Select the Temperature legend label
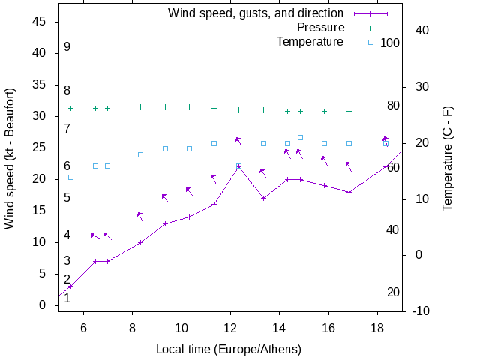(x=310, y=42)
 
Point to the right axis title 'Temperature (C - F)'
(x=448, y=157)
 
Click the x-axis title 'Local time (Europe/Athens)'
(x=229, y=349)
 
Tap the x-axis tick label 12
(x=230, y=327)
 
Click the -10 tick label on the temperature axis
(x=420, y=311)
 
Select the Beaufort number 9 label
(x=67, y=47)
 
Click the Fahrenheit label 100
(x=390, y=43)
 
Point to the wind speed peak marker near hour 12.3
(x=238, y=166)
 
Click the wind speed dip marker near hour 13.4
(x=263, y=198)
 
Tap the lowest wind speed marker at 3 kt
(x=70, y=286)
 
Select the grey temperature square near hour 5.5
(x=70, y=177)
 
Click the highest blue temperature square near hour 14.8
(x=300, y=137)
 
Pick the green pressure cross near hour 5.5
(x=70, y=109)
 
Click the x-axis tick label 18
(x=377, y=327)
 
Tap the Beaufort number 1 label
(x=67, y=298)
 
